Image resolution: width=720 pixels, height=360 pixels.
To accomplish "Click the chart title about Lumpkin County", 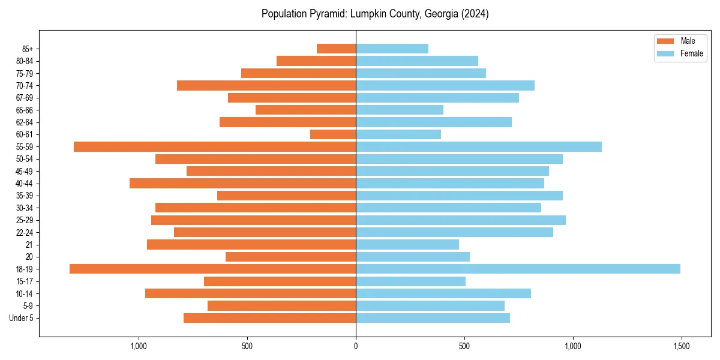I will pyautogui.click(x=375, y=14).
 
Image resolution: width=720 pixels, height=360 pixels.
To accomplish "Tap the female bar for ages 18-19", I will pyautogui.click(x=518, y=269).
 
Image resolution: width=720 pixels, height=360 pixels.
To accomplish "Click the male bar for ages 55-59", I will pyautogui.click(x=215, y=146).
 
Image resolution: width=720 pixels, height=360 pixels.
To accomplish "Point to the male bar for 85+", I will pyautogui.click(x=336, y=49).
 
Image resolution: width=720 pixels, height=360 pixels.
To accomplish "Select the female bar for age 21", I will pyautogui.click(x=407, y=244).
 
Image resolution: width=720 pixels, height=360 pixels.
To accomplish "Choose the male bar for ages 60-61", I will pyautogui.click(x=333, y=134).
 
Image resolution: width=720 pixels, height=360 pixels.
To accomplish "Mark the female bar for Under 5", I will pyautogui.click(x=433, y=318).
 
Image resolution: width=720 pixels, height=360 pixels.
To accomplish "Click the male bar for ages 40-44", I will pyautogui.click(x=242, y=183).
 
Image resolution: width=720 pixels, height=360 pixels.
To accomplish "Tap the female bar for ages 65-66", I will pyautogui.click(x=400, y=110).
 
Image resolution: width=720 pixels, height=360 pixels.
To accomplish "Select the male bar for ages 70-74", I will pyautogui.click(x=266, y=85).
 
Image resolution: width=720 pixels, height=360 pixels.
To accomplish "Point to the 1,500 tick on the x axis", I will pyautogui.click(x=681, y=346).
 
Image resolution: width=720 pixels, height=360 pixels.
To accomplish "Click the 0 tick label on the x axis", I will pyautogui.click(x=356, y=346).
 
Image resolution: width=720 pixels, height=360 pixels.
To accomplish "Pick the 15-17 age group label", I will pyautogui.click(x=25, y=281).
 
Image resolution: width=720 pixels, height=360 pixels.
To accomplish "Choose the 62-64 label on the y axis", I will pyautogui.click(x=25, y=122).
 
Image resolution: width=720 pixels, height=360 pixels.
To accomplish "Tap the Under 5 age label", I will pyautogui.click(x=22, y=318).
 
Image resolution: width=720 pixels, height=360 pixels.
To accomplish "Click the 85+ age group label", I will pyautogui.click(x=28, y=49).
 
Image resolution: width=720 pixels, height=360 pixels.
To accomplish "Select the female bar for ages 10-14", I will pyautogui.click(x=443, y=293).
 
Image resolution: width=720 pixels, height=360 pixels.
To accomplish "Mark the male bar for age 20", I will pyautogui.click(x=290, y=257).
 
